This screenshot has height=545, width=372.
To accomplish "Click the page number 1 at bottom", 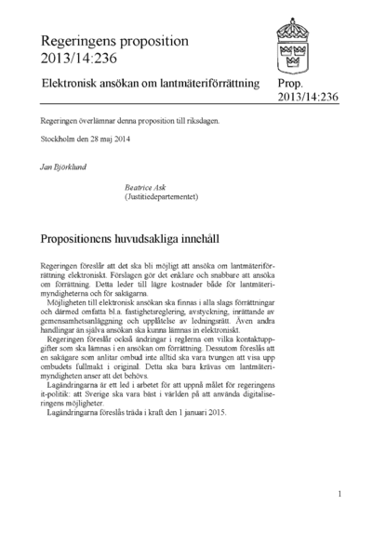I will pos(339,494).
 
